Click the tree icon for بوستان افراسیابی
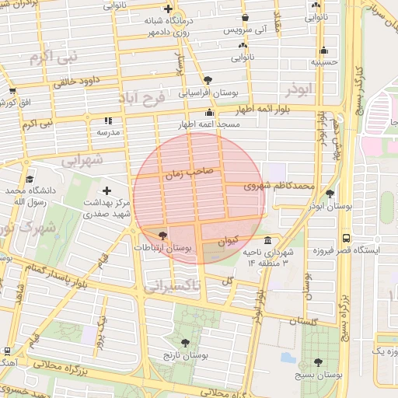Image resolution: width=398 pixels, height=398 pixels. [207, 79]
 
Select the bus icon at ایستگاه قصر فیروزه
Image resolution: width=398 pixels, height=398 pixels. [345, 239]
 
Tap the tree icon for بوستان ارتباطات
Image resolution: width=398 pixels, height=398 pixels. [162, 235]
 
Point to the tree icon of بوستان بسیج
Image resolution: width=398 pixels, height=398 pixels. [319, 362]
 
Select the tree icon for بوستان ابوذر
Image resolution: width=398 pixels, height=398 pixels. [330, 194]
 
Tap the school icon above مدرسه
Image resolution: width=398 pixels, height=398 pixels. [107, 120]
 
